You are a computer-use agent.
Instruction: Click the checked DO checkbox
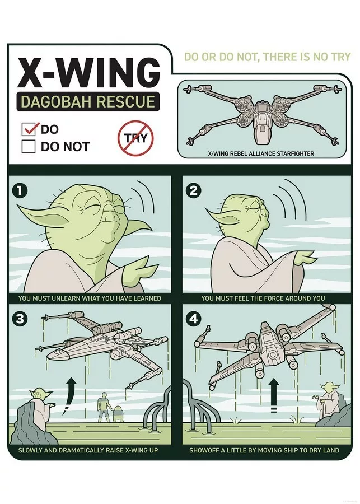(x=29, y=129)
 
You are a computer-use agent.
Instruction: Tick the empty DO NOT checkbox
(x=29, y=146)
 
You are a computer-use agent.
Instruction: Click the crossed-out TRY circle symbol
(x=136, y=138)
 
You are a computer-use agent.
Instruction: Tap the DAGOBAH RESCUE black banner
(x=88, y=101)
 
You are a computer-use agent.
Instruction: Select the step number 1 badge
(x=20, y=191)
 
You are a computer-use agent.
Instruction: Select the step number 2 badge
(x=194, y=191)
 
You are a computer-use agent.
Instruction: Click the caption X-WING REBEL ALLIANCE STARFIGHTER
(x=261, y=153)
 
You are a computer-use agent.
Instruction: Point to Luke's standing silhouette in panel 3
(x=103, y=407)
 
